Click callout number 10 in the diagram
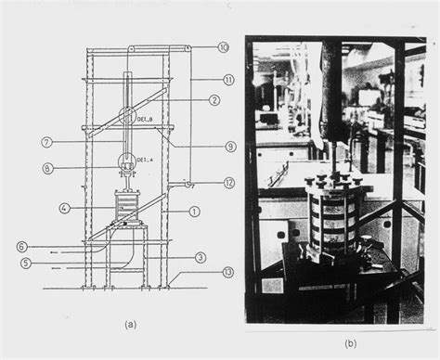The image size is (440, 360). [x=223, y=47]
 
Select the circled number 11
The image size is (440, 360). [x=227, y=80]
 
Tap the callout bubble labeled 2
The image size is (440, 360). [x=214, y=100]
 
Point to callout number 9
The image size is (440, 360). [x=229, y=147]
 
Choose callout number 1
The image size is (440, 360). [x=194, y=211]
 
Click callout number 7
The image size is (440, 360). [x=46, y=142]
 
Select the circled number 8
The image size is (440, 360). [x=46, y=168]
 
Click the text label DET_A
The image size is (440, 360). [x=144, y=160]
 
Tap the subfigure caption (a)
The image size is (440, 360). [x=130, y=324]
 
